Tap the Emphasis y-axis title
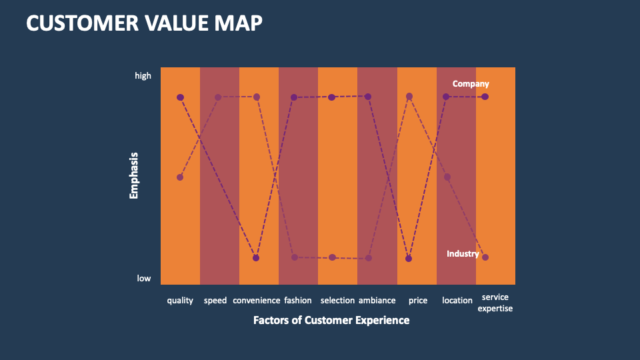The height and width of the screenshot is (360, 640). click(134, 176)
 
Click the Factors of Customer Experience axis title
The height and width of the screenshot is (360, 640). click(331, 320)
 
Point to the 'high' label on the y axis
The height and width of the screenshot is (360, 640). click(143, 76)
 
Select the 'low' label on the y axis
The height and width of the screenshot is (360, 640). click(144, 279)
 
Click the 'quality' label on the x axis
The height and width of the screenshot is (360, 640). click(180, 301)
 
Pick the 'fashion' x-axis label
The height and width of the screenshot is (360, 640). click(297, 301)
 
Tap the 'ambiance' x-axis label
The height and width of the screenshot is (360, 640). click(377, 301)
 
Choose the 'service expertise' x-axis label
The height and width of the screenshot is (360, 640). click(495, 303)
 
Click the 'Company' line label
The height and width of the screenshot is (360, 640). click(471, 84)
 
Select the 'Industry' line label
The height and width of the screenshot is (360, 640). click(463, 254)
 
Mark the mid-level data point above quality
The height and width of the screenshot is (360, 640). click(180, 177)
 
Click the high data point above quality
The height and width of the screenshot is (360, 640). click(180, 97)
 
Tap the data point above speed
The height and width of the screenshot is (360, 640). click(218, 97)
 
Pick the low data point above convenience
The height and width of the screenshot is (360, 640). click(256, 258)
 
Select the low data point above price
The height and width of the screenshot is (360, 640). click(409, 259)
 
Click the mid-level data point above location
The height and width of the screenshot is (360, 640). click(447, 177)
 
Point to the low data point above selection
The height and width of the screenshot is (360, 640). click(333, 257)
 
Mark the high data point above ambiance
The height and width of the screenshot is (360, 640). click(368, 97)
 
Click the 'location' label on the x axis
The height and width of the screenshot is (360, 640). click(457, 301)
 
